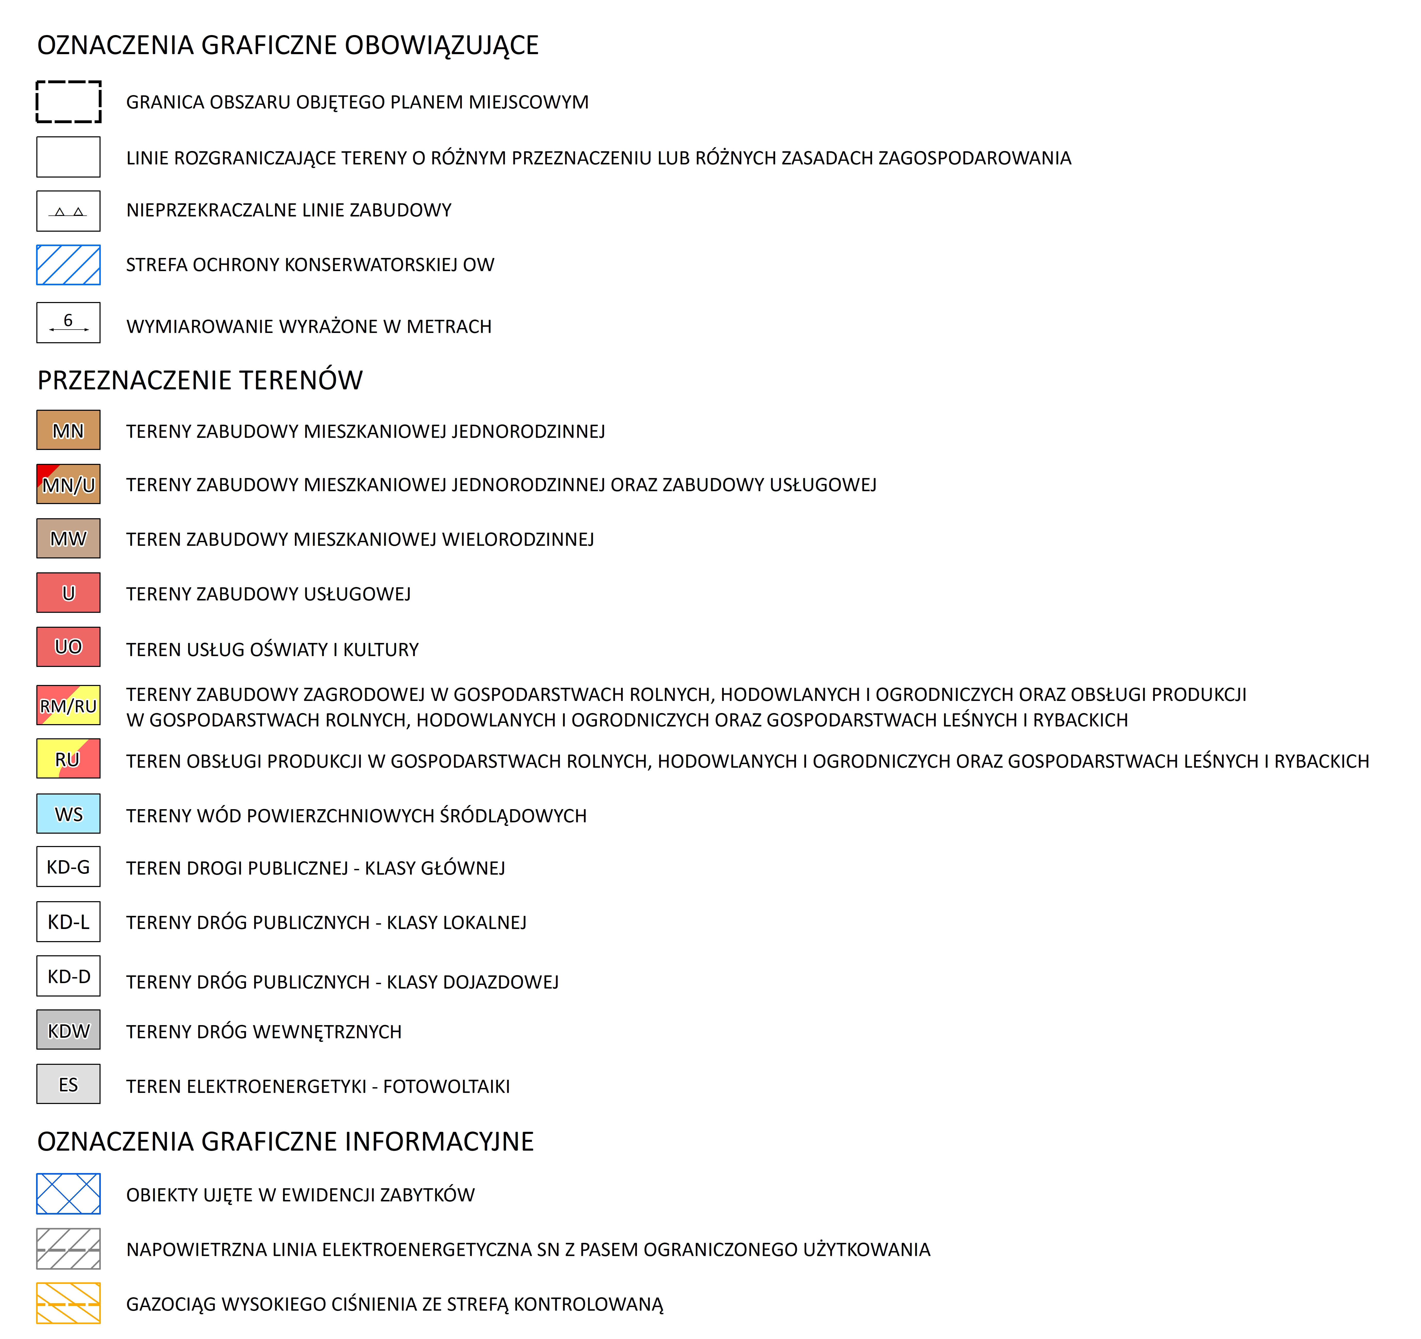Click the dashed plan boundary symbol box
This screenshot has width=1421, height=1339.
pyautogui.click(x=69, y=102)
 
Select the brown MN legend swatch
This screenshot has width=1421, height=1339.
pyautogui.click(x=69, y=430)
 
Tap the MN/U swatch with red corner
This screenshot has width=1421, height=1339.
pyautogui.click(x=69, y=484)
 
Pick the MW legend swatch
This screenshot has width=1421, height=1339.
pyautogui.click(x=69, y=539)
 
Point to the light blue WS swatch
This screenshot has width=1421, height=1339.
pyautogui.click(x=69, y=814)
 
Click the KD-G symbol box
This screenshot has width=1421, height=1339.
pyautogui.click(x=69, y=867)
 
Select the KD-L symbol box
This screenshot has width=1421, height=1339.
pyautogui.click(x=69, y=922)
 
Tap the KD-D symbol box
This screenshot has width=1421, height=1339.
pyautogui.click(x=69, y=976)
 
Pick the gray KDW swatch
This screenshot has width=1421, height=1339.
pyautogui.click(x=69, y=1030)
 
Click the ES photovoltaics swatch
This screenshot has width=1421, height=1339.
pyautogui.click(x=69, y=1085)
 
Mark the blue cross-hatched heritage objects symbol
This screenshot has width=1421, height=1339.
pyautogui.click(x=69, y=1194)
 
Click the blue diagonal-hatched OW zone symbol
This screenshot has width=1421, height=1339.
pyautogui.click(x=69, y=265)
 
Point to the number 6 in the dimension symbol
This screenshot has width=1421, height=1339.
pyautogui.click(x=68, y=320)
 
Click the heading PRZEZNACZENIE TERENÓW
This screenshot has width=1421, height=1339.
pyautogui.click(x=200, y=380)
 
